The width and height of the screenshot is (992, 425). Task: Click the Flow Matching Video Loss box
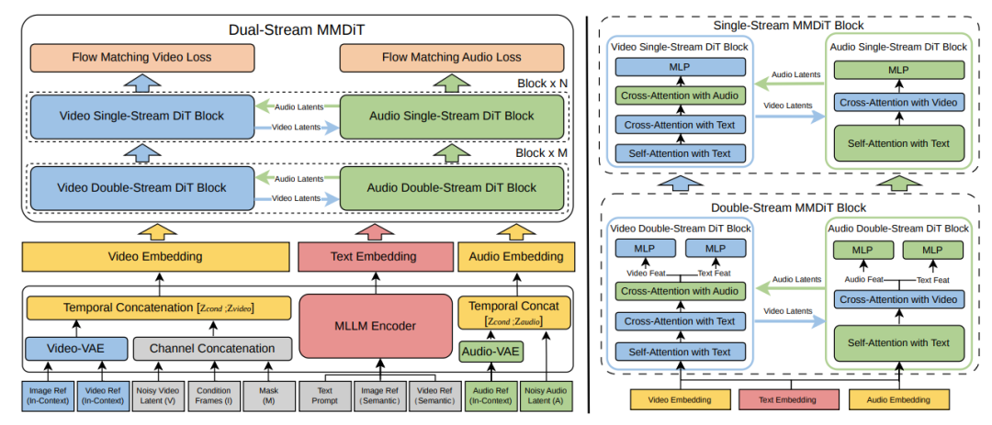(141, 57)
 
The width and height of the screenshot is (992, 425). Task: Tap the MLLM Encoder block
(374, 325)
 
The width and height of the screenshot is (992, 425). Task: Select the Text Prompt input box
(322, 394)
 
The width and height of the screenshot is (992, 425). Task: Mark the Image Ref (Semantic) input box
(376, 394)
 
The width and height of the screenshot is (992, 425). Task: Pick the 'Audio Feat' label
(863, 279)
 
